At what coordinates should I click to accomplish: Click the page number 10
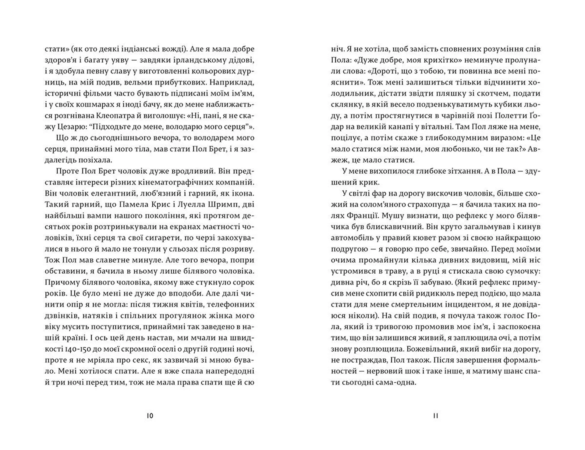coord(150,416)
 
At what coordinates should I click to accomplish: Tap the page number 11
coord(435,416)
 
